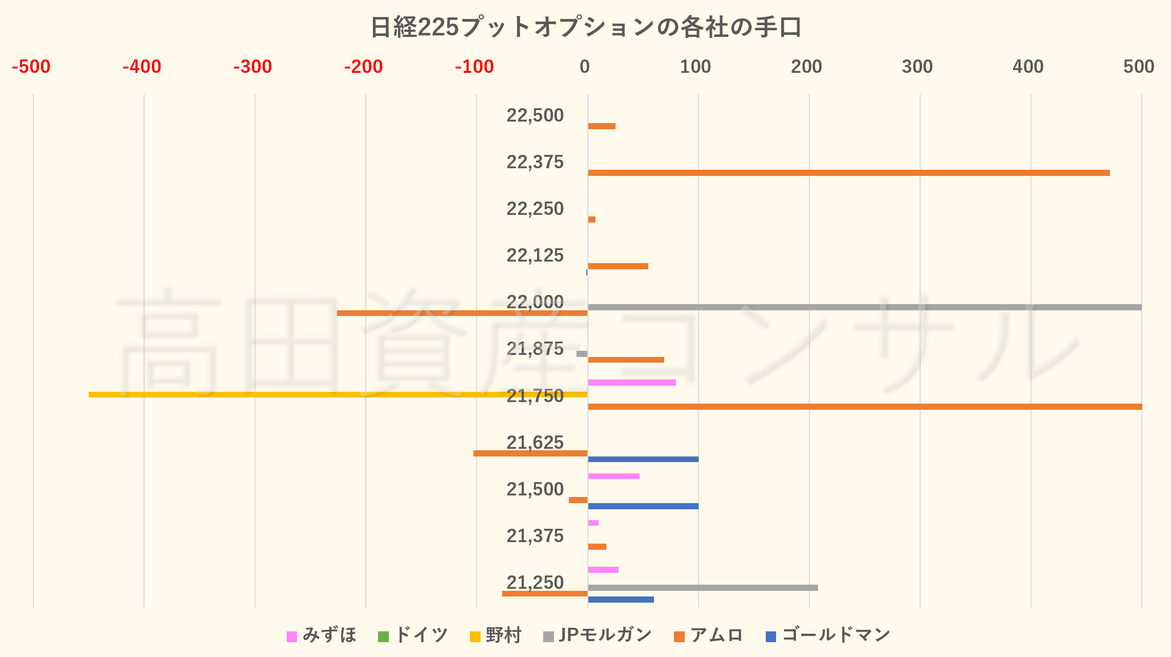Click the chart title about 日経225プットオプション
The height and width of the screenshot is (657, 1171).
[x=585, y=28]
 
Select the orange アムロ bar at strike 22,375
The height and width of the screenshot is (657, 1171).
[x=848, y=173]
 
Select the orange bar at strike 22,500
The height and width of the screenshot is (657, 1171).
[x=602, y=126]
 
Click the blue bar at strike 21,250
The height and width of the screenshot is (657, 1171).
[x=621, y=600]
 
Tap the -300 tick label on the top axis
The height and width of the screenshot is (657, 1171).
[x=252, y=67]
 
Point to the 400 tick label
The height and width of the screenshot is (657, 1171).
[x=1028, y=67]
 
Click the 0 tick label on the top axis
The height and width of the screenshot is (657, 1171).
[x=585, y=67]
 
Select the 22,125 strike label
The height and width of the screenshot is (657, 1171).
[x=535, y=255]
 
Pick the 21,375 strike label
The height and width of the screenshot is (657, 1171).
[x=535, y=536]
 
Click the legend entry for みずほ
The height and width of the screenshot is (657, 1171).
[x=322, y=635]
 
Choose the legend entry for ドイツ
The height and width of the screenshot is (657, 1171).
[x=413, y=635]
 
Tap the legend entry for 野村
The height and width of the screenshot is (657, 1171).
[x=496, y=635]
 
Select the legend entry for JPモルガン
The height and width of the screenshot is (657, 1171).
[x=598, y=635]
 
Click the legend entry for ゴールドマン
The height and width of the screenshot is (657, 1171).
[x=828, y=635]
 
